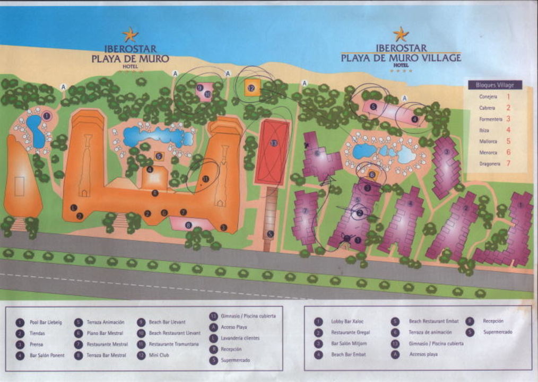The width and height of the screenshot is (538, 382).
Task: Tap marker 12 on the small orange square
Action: [251, 88]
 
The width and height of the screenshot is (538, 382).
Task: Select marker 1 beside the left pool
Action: [46, 115]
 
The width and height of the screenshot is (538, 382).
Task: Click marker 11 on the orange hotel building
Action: [205, 179]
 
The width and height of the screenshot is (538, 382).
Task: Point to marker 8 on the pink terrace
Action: [188, 225]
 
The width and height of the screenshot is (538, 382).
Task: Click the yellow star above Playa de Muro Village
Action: [401, 34]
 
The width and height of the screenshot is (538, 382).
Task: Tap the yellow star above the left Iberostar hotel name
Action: [130, 35]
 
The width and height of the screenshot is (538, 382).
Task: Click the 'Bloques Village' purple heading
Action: [495, 85]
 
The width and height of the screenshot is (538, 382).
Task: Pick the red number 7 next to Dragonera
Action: [508, 163]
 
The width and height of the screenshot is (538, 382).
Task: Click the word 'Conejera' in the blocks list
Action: [488, 97]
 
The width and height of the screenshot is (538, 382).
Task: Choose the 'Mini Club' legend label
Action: [159, 355]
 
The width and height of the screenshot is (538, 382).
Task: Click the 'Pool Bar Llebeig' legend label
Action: [46, 322]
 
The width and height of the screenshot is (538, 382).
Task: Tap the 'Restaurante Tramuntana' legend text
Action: [174, 344]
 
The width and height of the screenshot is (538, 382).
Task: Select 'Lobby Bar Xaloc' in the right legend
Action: [348, 322]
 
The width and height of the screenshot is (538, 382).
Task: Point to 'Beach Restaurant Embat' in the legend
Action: [433, 322]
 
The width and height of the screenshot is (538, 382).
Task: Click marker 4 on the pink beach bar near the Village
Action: [415, 119]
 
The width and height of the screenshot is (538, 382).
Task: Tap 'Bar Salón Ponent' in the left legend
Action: [47, 355]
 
